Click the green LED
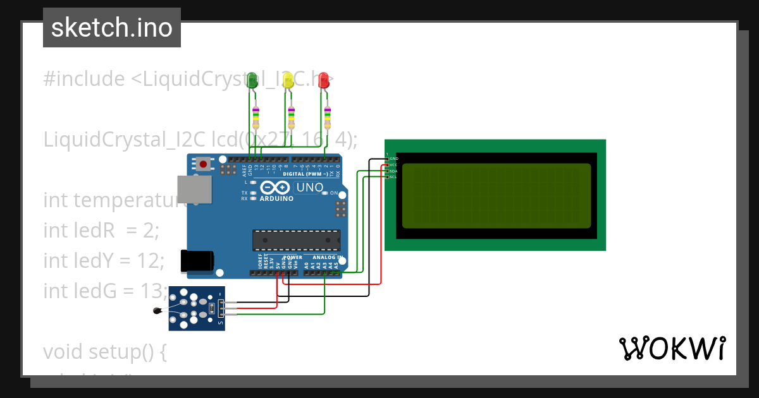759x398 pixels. click(252, 80)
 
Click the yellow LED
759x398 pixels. click(288, 80)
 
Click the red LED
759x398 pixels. click(324, 80)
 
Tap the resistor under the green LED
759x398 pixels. click(256, 117)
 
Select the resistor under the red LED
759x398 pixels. click(328, 117)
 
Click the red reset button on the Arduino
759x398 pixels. click(203, 164)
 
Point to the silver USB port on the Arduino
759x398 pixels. click(194, 189)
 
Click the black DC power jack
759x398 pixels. click(196, 262)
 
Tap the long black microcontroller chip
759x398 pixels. click(296, 240)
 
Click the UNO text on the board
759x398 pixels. click(310, 188)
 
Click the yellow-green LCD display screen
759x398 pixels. click(497, 196)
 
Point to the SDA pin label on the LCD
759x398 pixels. click(393, 171)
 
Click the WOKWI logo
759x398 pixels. click(672, 348)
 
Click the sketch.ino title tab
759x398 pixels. click(112, 28)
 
